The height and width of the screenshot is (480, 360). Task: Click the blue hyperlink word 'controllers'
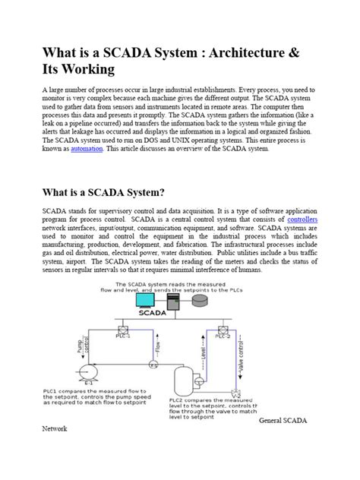coord(301,219)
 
